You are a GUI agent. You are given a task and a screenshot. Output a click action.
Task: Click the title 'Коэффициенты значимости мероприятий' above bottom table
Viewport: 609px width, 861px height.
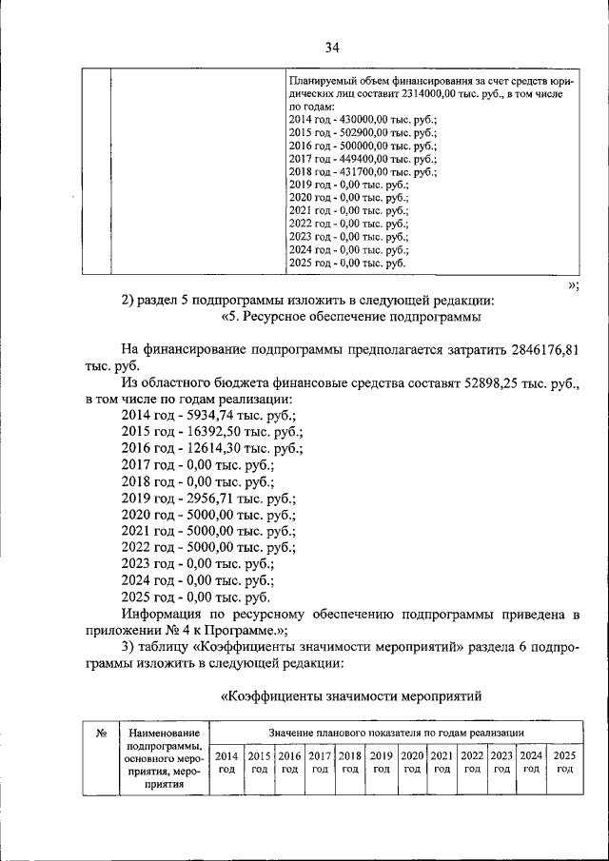(352, 695)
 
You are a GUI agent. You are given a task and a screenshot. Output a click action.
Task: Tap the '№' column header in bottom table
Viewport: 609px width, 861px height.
(100, 734)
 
